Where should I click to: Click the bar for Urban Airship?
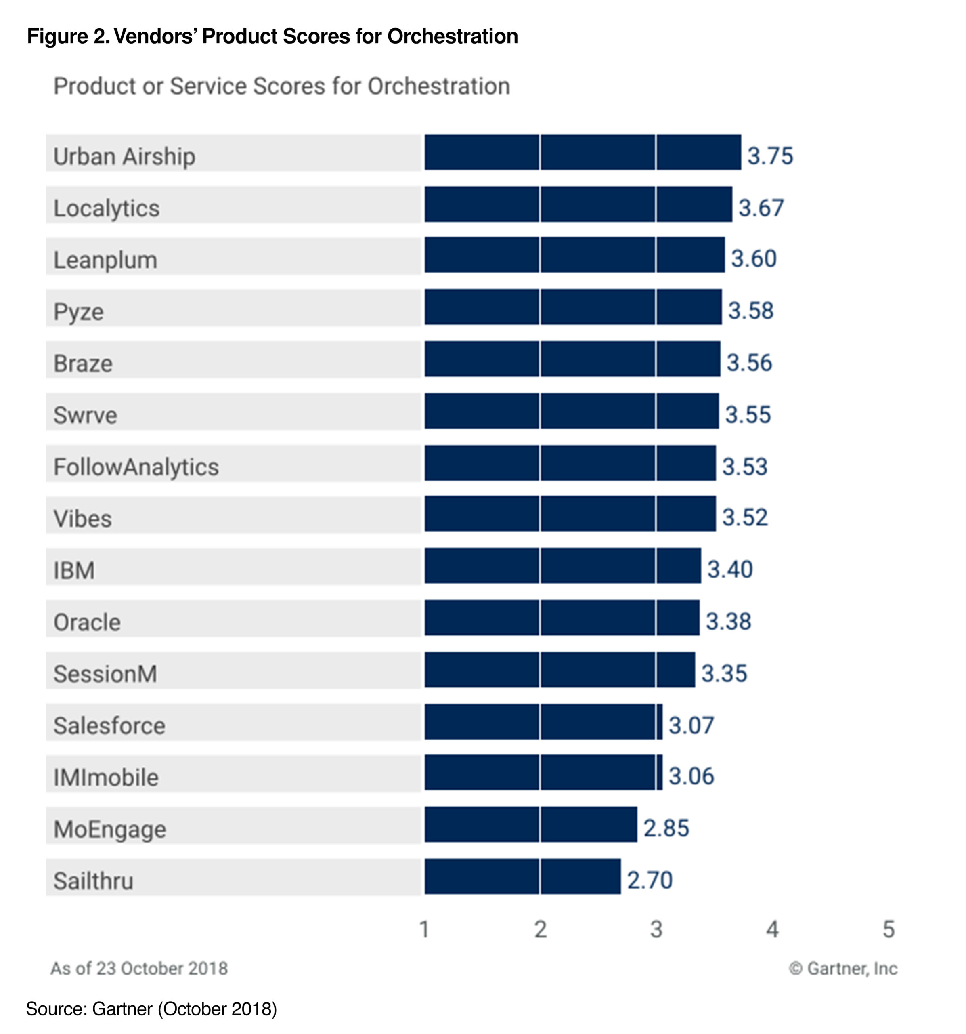(582, 152)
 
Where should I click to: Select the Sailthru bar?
(522, 876)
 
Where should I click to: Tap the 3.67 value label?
(761, 208)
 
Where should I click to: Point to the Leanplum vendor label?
(105, 260)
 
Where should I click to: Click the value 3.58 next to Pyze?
(750, 311)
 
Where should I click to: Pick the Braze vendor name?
(83, 363)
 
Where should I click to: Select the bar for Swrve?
(571, 411)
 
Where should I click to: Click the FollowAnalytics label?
(136, 467)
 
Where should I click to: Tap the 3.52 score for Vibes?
(744, 517)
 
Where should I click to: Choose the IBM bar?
(562, 565)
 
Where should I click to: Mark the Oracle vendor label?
(87, 622)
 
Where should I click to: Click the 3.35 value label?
(724, 673)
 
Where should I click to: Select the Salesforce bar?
(543, 721)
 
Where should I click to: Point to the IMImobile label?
(106, 777)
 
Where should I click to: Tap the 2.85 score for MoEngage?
(666, 828)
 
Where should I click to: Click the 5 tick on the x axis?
(888, 929)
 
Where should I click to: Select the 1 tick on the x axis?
(424, 929)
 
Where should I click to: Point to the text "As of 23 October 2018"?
(139, 969)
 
